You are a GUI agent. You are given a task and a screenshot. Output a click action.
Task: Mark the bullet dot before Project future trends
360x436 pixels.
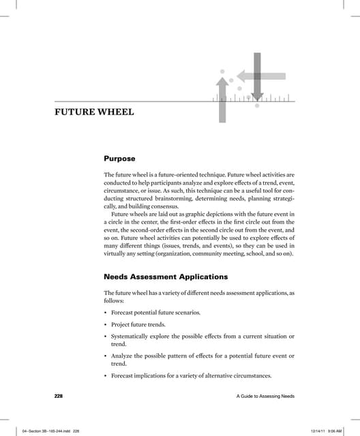(106, 326)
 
